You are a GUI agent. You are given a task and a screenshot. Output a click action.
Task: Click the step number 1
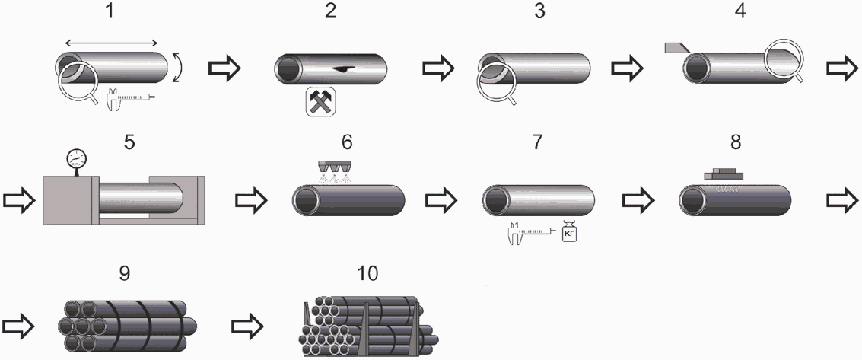[111, 11]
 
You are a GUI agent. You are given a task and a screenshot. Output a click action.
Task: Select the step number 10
[367, 273]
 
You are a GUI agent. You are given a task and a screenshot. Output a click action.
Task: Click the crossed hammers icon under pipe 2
[320, 102]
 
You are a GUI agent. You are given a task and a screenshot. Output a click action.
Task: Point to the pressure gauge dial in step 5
[76, 159]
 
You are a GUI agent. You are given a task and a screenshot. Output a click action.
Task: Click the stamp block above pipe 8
[724, 174]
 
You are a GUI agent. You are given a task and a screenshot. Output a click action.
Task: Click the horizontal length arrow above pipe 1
[112, 43]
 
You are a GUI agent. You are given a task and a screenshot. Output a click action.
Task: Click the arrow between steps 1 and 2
[224, 68]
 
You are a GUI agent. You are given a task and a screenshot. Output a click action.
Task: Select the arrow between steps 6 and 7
[441, 201]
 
